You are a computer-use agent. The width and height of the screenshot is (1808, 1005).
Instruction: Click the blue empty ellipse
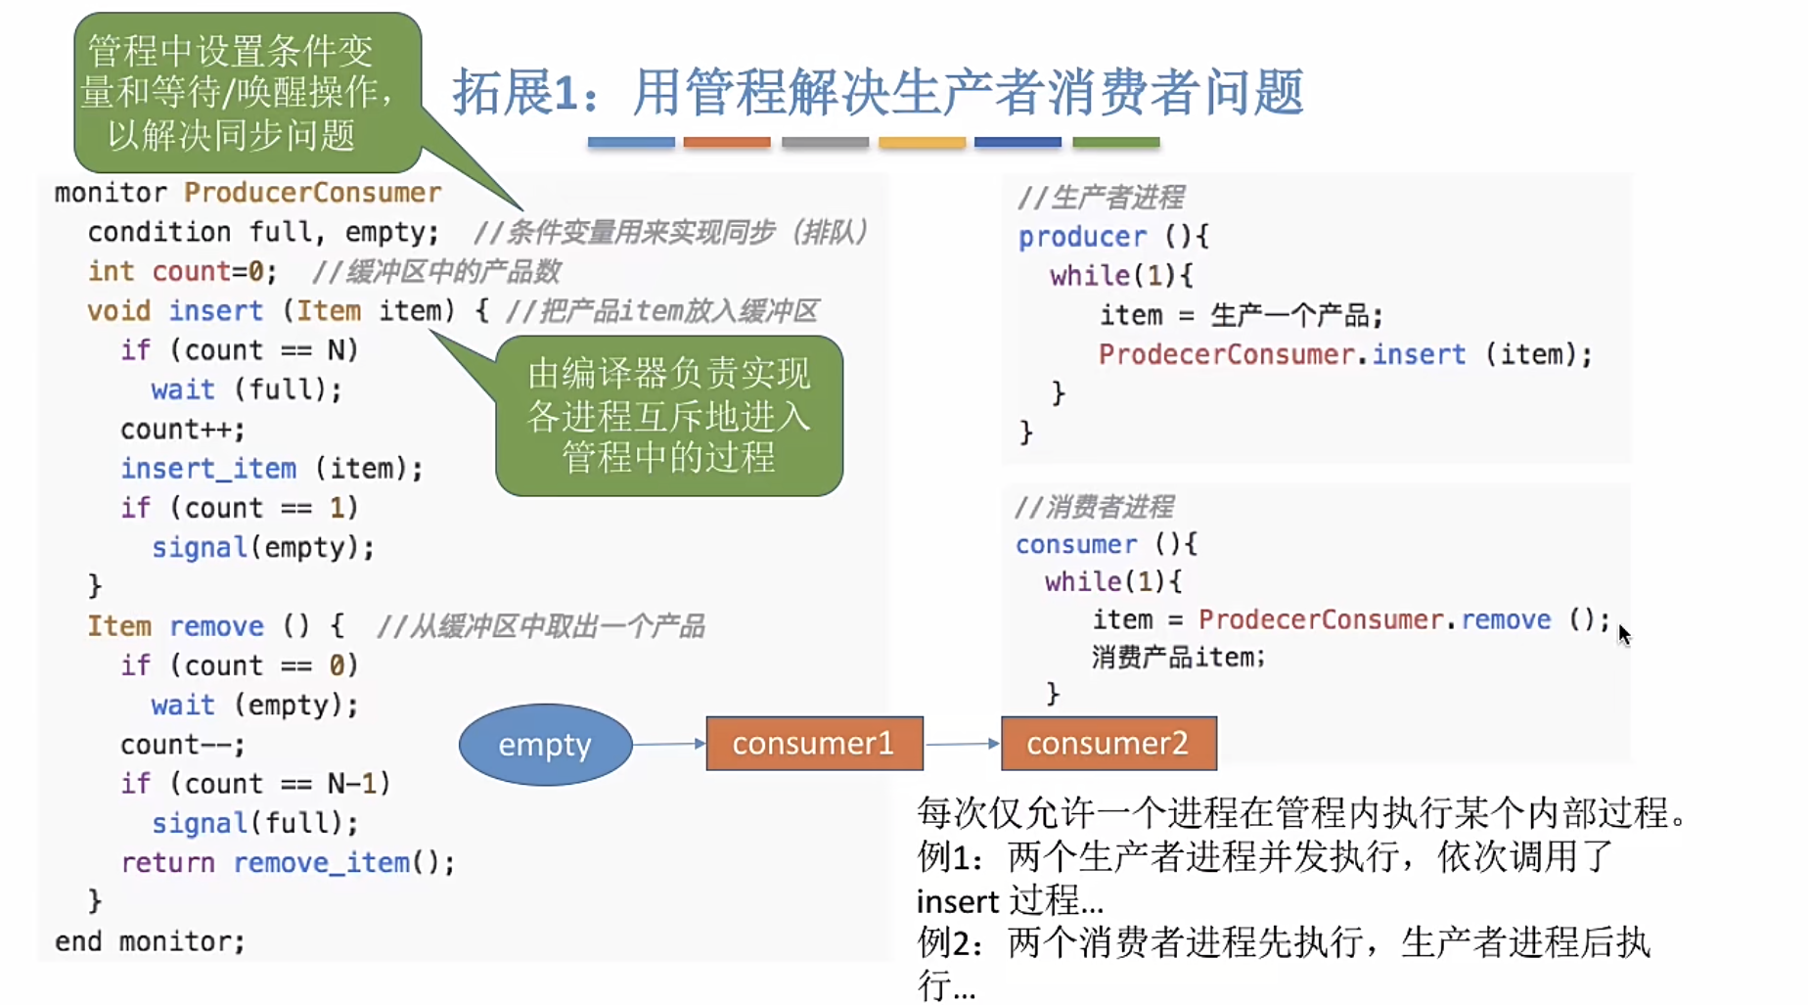[545, 745]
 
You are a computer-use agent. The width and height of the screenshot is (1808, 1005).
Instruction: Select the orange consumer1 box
[814, 744]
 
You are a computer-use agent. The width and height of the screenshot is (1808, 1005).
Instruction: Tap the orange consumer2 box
[1108, 744]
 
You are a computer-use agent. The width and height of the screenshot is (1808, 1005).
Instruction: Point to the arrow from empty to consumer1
[669, 745]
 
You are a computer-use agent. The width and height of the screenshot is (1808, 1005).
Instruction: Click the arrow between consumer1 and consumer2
[962, 745]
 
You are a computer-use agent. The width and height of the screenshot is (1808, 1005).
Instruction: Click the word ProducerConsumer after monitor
[312, 193]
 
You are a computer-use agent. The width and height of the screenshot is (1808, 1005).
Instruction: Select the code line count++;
[182, 430]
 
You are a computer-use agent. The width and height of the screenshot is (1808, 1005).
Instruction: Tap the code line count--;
[182, 745]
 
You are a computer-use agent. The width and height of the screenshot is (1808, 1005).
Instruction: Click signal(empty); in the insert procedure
[262, 548]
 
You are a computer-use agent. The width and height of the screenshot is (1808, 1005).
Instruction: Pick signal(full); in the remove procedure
[254, 823]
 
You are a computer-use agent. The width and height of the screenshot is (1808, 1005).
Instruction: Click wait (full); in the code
[247, 389]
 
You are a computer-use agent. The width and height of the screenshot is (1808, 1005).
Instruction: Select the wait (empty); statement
[254, 706]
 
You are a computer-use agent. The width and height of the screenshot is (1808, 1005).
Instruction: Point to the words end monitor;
[150, 941]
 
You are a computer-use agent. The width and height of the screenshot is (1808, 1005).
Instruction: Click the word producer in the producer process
[1082, 237]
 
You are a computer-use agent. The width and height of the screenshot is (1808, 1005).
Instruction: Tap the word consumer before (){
[1076, 545]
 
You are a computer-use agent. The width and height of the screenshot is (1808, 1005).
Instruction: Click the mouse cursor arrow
[1623, 634]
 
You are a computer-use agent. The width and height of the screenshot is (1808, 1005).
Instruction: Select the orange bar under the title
[727, 143]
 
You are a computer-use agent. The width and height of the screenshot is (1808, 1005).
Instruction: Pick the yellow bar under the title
[922, 143]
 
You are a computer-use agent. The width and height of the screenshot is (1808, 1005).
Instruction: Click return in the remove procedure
[167, 863]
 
